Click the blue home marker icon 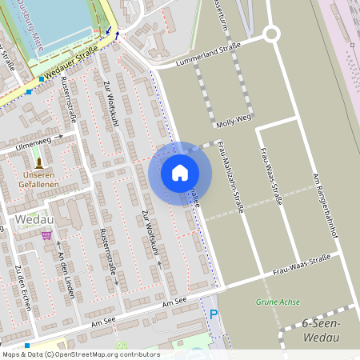pos(180,173)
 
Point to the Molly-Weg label pos(231,120)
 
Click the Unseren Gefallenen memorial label pos(40,179)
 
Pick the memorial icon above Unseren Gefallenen pos(39,162)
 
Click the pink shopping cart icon pos(46,235)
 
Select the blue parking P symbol pos(213,314)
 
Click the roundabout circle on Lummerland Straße pos(271,34)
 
